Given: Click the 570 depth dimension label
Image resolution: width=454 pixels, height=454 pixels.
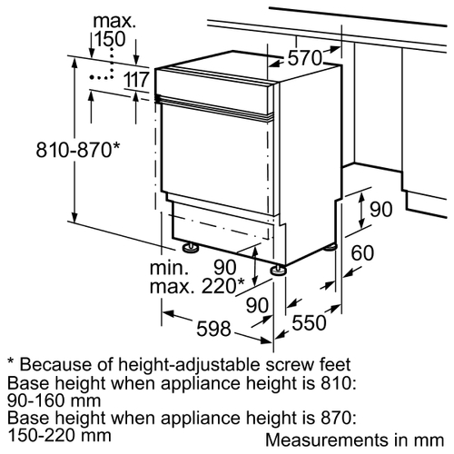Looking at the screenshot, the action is click(x=304, y=58).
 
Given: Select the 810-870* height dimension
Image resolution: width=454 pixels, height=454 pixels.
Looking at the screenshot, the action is click(x=78, y=150).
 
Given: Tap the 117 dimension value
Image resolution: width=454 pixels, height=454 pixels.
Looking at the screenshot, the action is click(x=136, y=80).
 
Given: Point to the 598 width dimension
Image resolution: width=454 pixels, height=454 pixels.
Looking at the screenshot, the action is click(x=213, y=329).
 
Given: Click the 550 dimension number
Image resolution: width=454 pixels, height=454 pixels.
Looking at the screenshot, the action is click(x=309, y=322).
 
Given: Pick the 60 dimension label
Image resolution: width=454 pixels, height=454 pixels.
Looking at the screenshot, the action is click(x=362, y=253).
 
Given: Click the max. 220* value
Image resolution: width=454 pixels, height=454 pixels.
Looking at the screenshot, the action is click(x=197, y=286).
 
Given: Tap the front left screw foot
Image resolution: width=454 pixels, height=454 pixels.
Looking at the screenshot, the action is click(x=190, y=247).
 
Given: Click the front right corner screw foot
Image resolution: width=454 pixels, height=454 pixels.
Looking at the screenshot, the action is click(x=279, y=270).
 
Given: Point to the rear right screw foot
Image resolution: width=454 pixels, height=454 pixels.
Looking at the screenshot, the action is click(x=331, y=247).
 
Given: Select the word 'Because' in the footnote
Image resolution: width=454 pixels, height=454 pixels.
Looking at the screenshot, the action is click(x=55, y=364).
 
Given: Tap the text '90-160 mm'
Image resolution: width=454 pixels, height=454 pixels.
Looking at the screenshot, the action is click(x=54, y=400).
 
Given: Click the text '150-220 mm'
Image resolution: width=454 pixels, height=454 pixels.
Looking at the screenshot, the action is click(x=59, y=436).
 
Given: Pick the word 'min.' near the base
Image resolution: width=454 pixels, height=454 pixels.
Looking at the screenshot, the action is click(x=169, y=268).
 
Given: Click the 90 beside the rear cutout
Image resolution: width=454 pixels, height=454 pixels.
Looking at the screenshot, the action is click(x=381, y=210).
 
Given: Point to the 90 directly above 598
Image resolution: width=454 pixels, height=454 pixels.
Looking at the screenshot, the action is click(x=257, y=305).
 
